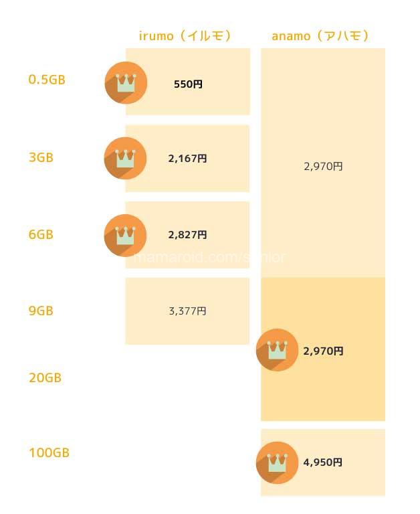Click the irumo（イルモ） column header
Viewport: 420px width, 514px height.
(x=185, y=35)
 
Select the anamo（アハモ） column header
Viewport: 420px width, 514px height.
(x=320, y=35)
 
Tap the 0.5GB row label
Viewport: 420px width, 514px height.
(x=47, y=80)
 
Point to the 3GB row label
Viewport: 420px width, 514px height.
(x=41, y=158)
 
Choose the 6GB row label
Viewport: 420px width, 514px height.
(x=41, y=235)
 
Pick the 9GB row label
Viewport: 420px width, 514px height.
(x=41, y=311)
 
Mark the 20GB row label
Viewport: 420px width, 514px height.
(x=45, y=378)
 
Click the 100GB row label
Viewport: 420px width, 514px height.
(x=49, y=453)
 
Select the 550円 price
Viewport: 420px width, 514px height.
(x=188, y=84)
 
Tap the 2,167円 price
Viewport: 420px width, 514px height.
(x=187, y=159)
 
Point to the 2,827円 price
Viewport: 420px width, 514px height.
(x=187, y=235)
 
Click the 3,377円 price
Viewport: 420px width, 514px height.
(x=187, y=311)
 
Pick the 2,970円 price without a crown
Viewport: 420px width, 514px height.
(x=323, y=167)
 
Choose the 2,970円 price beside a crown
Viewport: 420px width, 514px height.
(x=323, y=351)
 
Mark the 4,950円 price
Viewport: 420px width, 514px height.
(x=323, y=462)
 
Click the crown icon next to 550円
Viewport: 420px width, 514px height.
(x=126, y=82)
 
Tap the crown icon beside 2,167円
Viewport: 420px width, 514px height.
(x=126, y=158)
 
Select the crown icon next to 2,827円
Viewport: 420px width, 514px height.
(x=126, y=235)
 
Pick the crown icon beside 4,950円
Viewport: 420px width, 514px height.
(x=277, y=462)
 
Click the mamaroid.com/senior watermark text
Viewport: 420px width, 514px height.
(x=210, y=257)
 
